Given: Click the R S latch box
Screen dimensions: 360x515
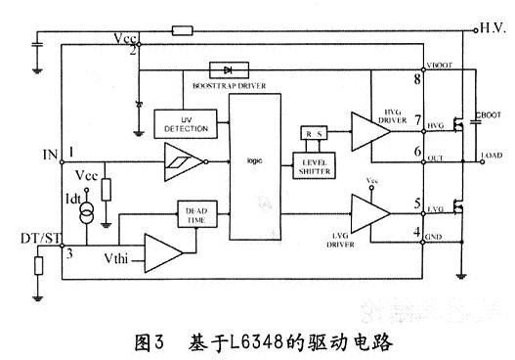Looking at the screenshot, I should [x=315, y=132].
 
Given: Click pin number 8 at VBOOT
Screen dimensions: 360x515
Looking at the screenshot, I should [x=417, y=78].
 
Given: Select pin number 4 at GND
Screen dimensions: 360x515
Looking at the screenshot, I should [x=417, y=233].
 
